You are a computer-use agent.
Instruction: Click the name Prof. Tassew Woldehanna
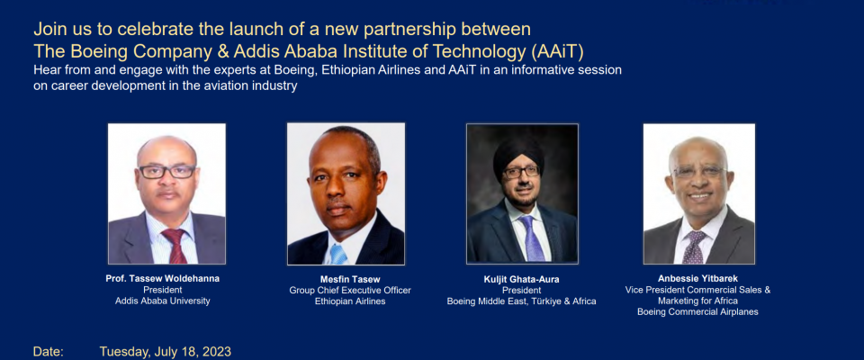click(163, 278)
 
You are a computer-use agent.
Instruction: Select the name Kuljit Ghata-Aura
click(521, 280)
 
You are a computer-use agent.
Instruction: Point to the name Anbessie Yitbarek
click(697, 278)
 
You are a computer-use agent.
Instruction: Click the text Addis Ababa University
click(163, 301)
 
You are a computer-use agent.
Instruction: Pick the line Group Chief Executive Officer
click(350, 291)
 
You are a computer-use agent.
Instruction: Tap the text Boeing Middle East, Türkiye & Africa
click(521, 301)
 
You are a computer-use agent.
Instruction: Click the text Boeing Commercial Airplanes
click(697, 311)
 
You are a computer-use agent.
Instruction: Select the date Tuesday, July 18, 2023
click(166, 352)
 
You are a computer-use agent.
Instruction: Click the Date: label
click(49, 352)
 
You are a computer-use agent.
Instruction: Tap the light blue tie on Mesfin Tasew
click(337, 254)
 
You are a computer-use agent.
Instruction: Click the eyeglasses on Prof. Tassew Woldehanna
click(167, 172)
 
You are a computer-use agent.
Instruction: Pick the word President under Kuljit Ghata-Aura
click(521, 291)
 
